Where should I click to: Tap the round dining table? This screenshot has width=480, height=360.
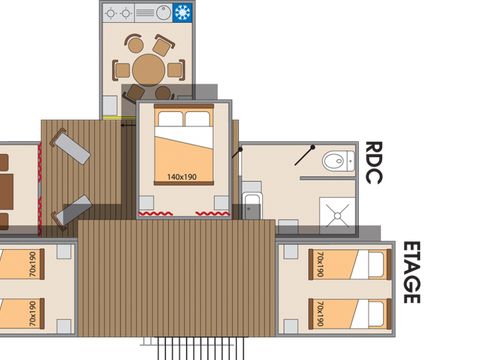tap(150, 69)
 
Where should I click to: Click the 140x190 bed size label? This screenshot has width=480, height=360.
tap(182, 177)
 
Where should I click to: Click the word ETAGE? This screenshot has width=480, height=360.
tap(410, 271)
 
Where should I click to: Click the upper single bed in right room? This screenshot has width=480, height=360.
tap(346, 265)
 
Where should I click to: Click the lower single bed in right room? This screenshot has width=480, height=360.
tap(346, 312)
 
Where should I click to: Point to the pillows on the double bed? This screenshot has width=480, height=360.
tap(183, 120)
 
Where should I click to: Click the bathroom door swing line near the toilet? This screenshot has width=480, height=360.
tap(304, 158)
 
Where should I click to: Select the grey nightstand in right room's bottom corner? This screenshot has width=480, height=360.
tap(289, 325)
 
